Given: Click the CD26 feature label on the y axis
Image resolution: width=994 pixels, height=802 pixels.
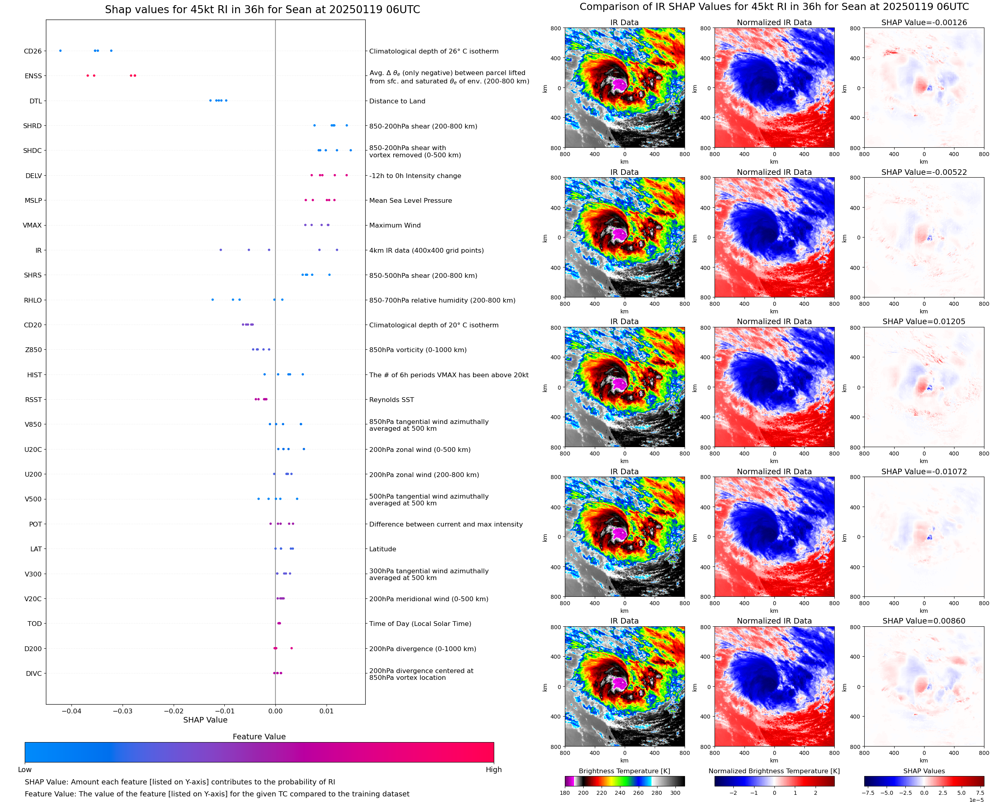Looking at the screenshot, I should tap(32, 51).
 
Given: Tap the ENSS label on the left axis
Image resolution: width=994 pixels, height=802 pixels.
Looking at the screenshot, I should tap(33, 76).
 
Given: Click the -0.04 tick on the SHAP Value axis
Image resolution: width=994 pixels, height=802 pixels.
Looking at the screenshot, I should tap(71, 711).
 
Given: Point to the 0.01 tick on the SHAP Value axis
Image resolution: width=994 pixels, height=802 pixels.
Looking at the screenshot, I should tap(327, 711).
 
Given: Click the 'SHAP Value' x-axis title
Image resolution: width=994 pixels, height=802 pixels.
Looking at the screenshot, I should tap(205, 720).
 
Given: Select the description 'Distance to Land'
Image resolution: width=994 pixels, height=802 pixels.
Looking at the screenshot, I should tap(397, 101).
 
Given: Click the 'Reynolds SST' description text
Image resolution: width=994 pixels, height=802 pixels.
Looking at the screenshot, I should tap(392, 400).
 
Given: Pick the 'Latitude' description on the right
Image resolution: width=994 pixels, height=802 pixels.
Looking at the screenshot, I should tap(382, 549).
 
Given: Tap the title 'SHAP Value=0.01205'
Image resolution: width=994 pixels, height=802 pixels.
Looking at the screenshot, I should tap(924, 321).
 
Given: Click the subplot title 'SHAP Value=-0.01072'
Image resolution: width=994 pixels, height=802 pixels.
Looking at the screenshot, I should tap(924, 472).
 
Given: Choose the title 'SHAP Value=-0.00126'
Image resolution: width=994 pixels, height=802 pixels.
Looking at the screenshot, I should tap(924, 23).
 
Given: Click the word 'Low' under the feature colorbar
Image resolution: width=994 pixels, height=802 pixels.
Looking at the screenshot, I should tap(24, 770).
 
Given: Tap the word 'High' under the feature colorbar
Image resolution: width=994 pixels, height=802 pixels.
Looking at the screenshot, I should tap(493, 770).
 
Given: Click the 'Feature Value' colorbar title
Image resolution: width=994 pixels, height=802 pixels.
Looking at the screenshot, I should tap(259, 737).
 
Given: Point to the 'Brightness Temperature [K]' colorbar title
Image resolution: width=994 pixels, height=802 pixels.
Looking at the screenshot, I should tap(624, 771).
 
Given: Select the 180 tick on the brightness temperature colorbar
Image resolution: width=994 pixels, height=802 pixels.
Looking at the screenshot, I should tap(564, 793).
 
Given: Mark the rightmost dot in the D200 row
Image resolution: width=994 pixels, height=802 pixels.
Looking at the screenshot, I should tap(291, 648).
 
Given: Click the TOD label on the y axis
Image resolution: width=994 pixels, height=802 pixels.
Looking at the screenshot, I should tap(35, 624).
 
